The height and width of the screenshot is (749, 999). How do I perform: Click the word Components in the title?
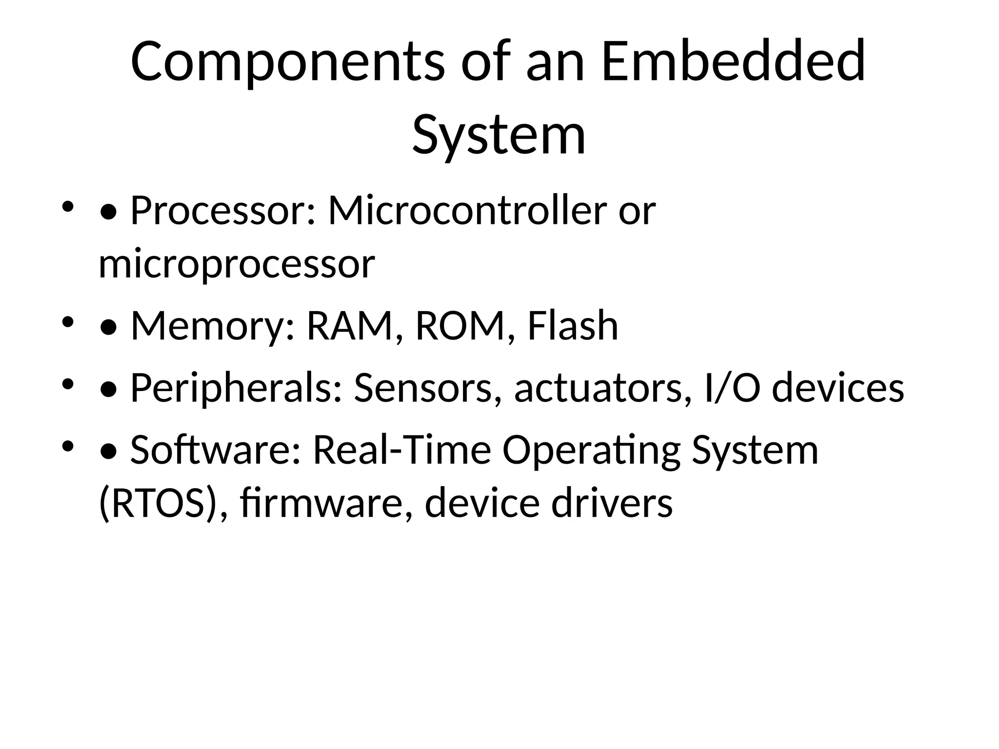coord(288,62)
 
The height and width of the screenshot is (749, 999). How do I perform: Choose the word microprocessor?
coord(237,264)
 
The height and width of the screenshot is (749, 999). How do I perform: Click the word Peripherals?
coord(236,388)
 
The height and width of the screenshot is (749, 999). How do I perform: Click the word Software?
coord(215,450)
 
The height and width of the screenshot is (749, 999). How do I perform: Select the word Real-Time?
coord(401,450)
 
